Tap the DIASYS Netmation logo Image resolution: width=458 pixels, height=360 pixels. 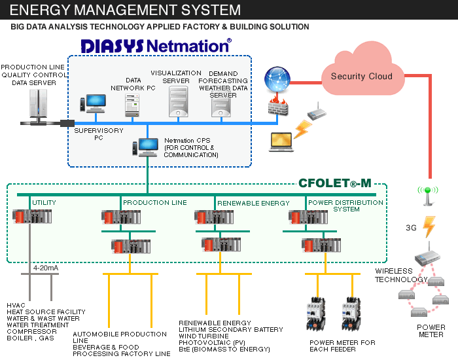156,46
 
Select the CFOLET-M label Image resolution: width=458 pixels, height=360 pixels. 334,183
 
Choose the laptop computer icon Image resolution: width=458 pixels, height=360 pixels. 282,140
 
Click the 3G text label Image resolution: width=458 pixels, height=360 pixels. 412,228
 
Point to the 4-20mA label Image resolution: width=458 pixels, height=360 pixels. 45,268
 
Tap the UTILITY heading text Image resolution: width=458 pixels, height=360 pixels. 44,203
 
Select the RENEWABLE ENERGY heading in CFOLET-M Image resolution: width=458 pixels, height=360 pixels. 253,203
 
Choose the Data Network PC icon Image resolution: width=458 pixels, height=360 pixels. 133,103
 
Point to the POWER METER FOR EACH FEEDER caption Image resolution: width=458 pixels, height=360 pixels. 342,346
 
